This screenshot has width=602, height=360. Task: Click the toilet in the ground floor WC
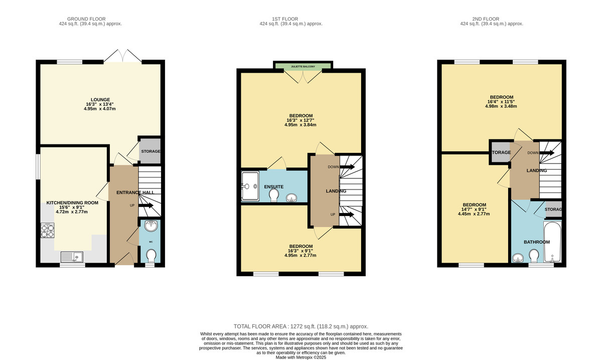tap(150, 256)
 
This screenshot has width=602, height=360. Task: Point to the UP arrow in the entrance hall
tap(146, 206)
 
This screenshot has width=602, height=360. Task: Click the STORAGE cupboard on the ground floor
tap(150, 151)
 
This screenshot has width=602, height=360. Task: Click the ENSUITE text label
tap(274, 187)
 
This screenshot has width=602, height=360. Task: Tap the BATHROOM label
tap(536, 242)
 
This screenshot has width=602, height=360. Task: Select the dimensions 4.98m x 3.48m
tap(501, 106)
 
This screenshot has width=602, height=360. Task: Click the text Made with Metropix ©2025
tap(301, 357)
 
